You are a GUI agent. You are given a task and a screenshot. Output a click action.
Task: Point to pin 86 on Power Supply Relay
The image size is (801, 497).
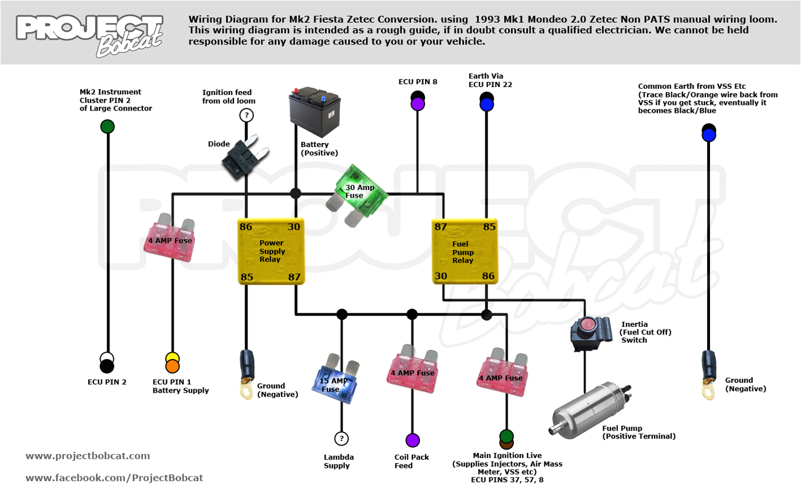pos(246,227)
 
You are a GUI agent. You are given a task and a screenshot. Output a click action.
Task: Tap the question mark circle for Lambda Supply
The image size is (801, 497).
pos(342,439)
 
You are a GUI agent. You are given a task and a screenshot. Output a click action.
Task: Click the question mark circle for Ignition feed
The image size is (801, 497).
pos(247,115)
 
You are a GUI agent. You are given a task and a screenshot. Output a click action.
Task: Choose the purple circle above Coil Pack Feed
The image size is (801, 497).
pos(413,440)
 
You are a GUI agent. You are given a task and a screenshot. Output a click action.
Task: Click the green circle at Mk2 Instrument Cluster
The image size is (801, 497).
pos(107,127)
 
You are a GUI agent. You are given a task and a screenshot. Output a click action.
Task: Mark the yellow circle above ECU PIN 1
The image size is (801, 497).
pos(172,358)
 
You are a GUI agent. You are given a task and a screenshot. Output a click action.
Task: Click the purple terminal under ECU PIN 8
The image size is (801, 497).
pos(418,104)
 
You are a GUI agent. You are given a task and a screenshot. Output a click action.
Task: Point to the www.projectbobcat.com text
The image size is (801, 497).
pos(88,456)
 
